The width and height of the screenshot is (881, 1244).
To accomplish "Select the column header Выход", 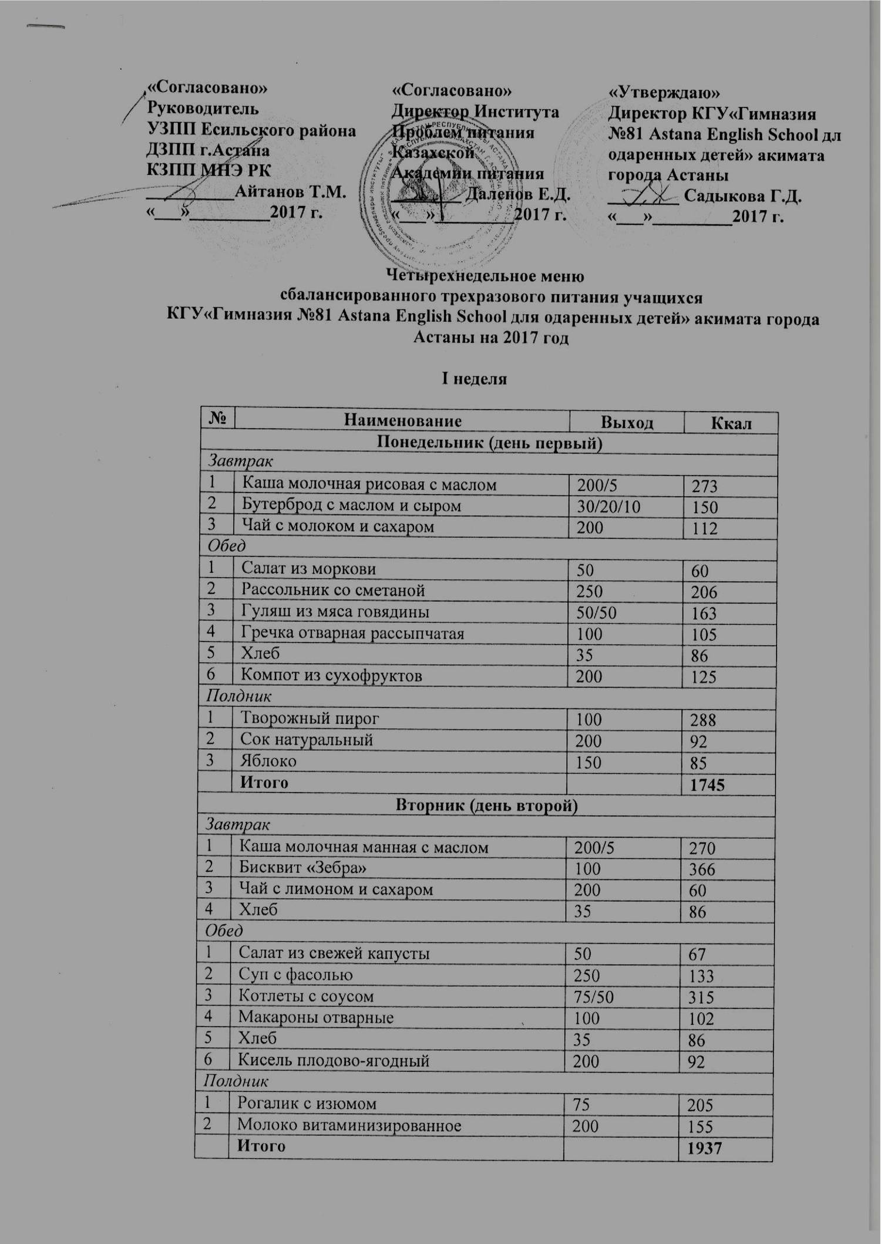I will (x=626, y=422).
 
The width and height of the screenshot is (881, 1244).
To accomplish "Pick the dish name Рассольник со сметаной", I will (x=333, y=590).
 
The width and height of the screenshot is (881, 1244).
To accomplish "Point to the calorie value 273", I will (x=705, y=485).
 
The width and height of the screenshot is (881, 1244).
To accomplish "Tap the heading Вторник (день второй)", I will (x=487, y=806).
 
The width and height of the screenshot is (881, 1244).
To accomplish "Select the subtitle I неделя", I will (x=475, y=379).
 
